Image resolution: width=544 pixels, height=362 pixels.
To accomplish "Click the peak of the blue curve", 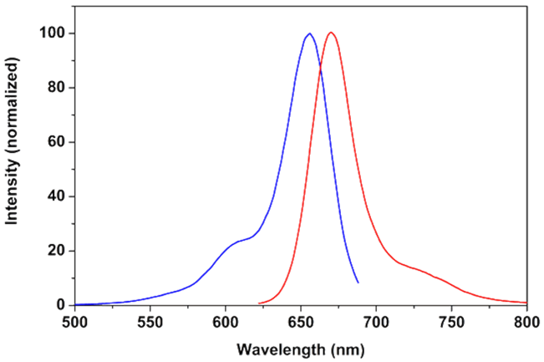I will point(309,33).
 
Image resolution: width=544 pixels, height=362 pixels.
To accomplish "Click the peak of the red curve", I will point(332,33).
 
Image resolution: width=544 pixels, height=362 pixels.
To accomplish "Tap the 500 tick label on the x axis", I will point(74,320).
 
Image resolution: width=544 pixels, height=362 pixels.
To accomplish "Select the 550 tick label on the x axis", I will point(150,320).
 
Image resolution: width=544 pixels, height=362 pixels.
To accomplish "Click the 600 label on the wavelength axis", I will point(225,320).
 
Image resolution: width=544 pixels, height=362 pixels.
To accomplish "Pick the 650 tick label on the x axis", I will point(300,320).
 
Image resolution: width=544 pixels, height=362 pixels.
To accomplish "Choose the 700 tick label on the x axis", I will point(375,320).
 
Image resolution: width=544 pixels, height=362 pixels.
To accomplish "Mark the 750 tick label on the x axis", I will point(450,320).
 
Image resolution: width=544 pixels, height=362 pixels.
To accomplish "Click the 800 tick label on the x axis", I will point(526,320).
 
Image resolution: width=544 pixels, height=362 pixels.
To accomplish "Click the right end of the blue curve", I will point(358,282).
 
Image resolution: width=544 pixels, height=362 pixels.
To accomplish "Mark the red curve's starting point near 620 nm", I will point(260,303).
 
